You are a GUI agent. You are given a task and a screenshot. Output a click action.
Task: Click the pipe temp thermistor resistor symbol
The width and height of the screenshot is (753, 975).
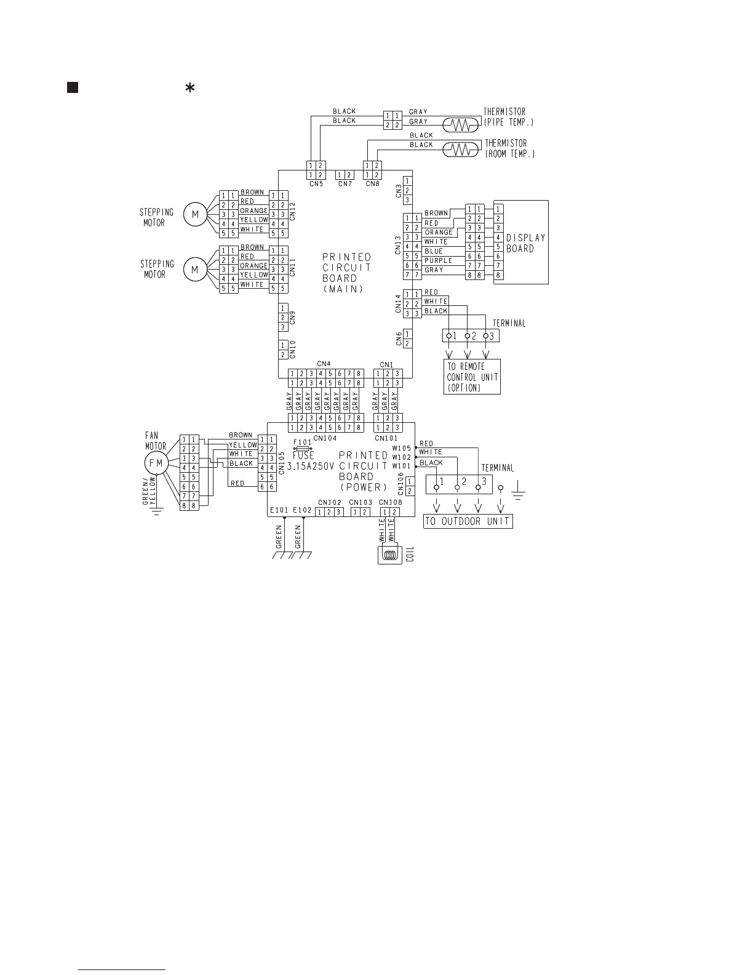click(x=461, y=125)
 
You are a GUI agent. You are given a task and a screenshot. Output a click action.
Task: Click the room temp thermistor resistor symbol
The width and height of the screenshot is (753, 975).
click(x=461, y=149)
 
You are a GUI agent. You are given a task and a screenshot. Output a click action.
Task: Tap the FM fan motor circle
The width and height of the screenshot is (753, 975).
click(x=156, y=463)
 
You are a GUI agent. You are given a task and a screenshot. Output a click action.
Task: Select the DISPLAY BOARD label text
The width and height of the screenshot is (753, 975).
click(x=525, y=243)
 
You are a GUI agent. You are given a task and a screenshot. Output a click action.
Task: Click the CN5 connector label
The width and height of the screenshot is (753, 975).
click(x=316, y=183)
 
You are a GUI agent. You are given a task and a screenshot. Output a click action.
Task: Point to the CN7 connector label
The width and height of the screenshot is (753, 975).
click(x=345, y=183)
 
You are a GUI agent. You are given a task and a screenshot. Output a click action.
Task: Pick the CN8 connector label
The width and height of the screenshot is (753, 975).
click(x=372, y=183)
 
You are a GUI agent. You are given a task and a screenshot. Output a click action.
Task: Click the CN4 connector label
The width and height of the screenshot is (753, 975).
click(x=324, y=364)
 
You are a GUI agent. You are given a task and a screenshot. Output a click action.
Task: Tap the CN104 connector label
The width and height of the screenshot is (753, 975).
click(x=325, y=438)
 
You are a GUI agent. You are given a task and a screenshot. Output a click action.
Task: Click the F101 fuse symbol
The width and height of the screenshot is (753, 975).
click(x=303, y=449)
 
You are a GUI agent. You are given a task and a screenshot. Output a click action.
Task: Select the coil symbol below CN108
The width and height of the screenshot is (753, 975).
click(x=388, y=555)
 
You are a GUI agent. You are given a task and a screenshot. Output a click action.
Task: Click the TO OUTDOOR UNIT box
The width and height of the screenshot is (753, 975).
click(x=468, y=521)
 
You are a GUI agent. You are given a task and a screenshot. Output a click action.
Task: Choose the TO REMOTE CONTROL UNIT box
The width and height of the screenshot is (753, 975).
click(x=472, y=377)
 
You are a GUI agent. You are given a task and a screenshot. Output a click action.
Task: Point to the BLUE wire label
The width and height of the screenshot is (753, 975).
click(x=433, y=251)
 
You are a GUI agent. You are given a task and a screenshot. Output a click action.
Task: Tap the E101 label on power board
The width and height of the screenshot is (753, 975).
click(x=279, y=510)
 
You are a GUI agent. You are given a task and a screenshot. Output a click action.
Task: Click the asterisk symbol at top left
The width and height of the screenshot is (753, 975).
click(x=190, y=89)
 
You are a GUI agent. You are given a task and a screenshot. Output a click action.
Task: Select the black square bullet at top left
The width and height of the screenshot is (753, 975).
click(x=72, y=87)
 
